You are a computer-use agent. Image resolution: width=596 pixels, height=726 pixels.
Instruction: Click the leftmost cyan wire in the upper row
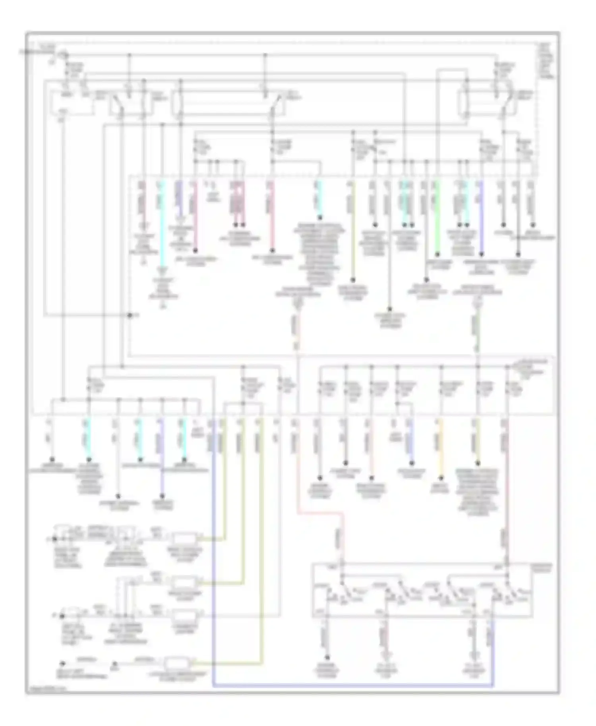click(x=161, y=222)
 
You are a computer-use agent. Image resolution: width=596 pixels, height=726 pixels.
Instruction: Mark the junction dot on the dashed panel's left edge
click(x=130, y=315)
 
